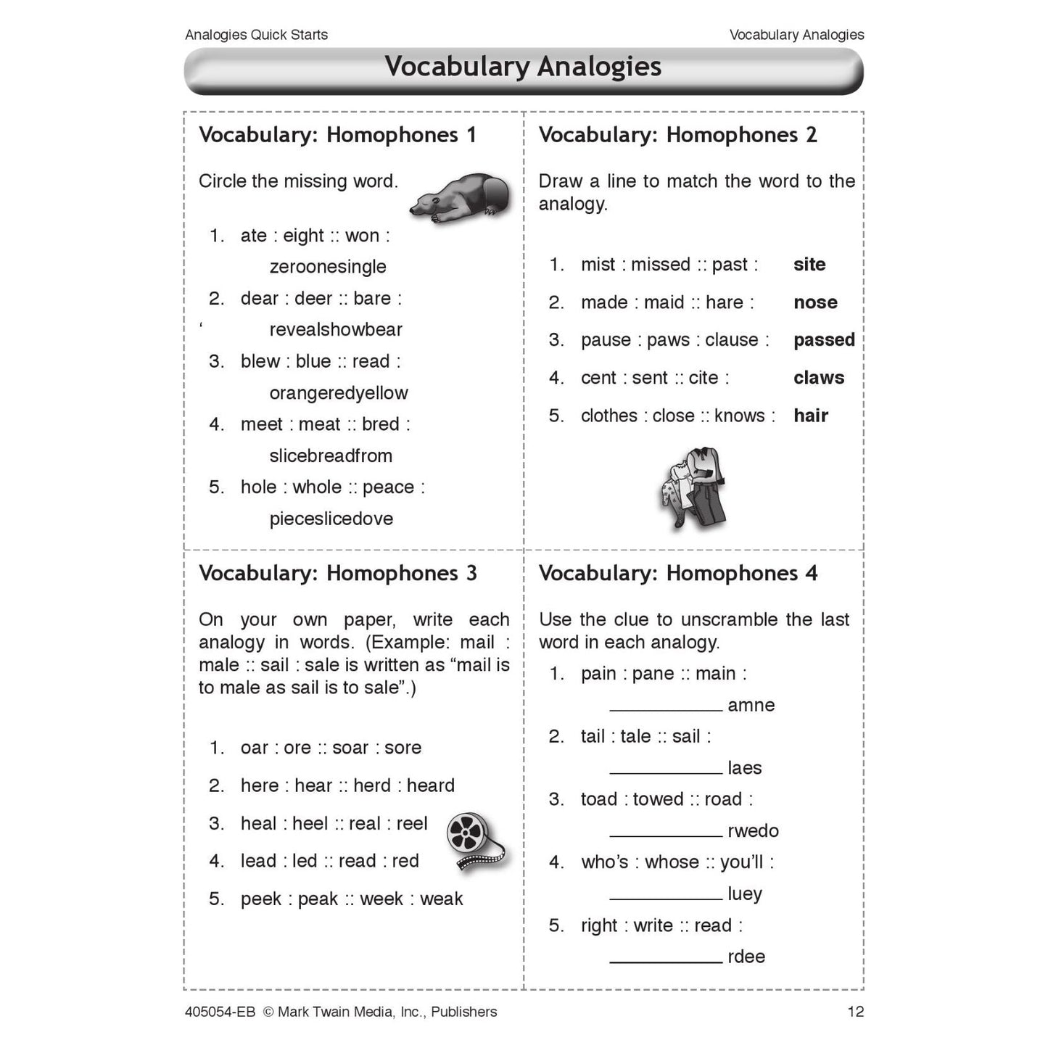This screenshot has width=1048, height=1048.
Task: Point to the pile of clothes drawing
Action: (x=693, y=487)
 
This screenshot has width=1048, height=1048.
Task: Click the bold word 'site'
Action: (x=809, y=265)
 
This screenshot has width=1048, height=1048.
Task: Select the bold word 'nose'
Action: (x=815, y=302)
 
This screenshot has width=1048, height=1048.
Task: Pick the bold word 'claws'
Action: (x=819, y=378)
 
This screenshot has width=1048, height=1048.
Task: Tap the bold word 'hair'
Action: (x=811, y=416)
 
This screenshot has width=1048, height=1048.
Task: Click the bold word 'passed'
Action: (x=824, y=340)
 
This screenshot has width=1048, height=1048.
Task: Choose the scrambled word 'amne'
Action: (x=751, y=706)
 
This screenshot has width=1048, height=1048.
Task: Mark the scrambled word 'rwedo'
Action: (x=753, y=831)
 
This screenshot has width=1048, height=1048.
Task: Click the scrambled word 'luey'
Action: (x=745, y=894)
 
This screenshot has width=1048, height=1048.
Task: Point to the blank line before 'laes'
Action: (x=666, y=773)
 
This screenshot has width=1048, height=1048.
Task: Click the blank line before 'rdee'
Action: (x=666, y=962)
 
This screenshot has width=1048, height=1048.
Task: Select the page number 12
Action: (x=856, y=1012)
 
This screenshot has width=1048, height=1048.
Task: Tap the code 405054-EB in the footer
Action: (x=220, y=1012)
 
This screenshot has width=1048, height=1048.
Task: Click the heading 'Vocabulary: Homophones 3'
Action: (x=338, y=574)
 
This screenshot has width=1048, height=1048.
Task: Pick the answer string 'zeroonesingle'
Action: (x=328, y=267)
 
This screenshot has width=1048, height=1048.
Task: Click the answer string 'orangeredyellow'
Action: (x=339, y=393)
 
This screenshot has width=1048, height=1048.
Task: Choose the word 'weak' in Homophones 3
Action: (x=441, y=899)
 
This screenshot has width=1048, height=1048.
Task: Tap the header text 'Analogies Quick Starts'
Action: (x=256, y=35)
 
